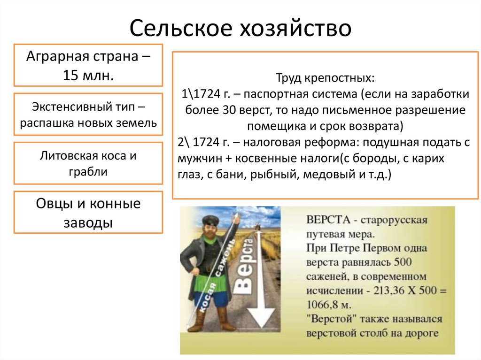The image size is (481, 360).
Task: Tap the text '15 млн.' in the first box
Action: pos(89,75)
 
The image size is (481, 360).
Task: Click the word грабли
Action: pos(89,171)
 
